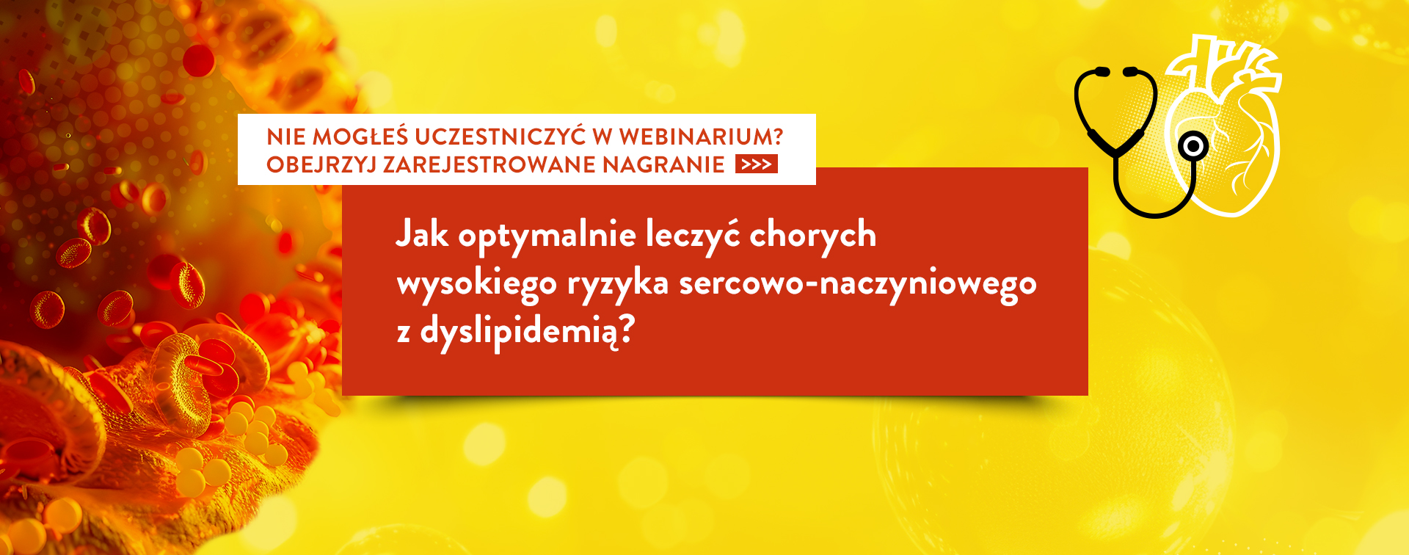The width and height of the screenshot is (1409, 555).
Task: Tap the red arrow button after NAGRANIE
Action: tap(756, 164)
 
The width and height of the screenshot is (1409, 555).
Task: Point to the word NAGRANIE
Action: tap(664, 164)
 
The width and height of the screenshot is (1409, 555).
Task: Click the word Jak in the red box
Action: tap(422, 235)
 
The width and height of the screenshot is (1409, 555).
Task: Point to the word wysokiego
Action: tap(477, 284)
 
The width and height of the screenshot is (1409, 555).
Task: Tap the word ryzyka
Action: tap(618, 284)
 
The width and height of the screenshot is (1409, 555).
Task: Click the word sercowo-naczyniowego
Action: tap(858, 284)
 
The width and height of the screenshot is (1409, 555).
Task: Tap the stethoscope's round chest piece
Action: tap(1193, 147)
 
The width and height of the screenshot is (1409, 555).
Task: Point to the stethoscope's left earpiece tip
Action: tap(1101, 71)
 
